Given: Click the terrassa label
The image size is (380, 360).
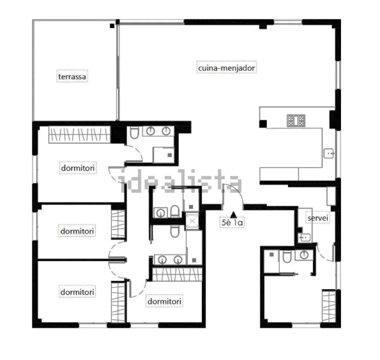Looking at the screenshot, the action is pos(72,77).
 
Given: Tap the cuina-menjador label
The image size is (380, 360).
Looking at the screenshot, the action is pos(226,68).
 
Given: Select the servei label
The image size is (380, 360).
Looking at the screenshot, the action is pos(317,218).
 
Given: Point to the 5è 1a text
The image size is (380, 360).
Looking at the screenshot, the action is pos(232,222).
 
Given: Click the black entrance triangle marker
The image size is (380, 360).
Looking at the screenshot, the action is pos(233,214).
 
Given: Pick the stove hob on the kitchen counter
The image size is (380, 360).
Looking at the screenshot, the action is pos(296,121).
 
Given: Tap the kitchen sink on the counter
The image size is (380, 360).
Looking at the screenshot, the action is pos(329,153).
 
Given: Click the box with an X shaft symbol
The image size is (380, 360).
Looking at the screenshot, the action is pos(192,221).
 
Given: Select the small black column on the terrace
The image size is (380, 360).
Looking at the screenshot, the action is pos(112,26).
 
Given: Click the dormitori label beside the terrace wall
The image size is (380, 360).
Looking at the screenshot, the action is pos(78,168).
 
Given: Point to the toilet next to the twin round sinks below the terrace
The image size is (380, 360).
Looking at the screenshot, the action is pos(134,132).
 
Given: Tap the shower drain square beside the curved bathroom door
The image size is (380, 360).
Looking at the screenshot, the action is pos(170,155).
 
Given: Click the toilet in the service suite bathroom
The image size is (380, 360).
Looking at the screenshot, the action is pos(287,257).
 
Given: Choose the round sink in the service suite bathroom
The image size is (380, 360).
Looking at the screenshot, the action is pos(304,255).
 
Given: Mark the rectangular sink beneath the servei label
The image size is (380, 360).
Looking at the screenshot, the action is pos(305,237).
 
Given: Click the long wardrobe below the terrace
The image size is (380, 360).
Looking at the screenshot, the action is pos(79,135).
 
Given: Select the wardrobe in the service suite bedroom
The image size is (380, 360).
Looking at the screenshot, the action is pos(329,306).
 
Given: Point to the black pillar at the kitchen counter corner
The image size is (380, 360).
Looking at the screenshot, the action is pos(263,124).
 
